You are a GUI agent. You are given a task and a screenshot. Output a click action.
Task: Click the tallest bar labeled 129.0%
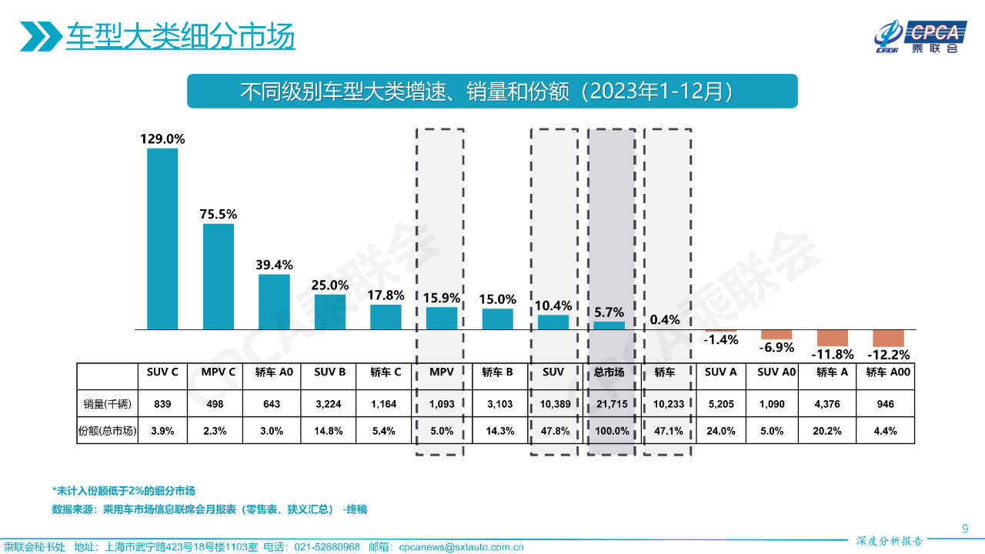(x=162, y=239)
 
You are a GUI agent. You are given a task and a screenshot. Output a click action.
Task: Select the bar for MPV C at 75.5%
(x=219, y=276)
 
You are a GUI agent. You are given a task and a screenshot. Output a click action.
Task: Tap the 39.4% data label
(x=274, y=264)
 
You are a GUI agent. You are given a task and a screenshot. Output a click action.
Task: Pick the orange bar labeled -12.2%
(x=888, y=338)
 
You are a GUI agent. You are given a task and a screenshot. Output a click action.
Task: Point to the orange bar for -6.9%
(x=776, y=334)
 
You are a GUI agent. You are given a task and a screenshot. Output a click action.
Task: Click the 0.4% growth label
(x=666, y=319)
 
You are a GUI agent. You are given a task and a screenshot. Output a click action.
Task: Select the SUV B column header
(x=329, y=372)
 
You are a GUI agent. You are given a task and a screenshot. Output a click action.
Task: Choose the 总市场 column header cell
(x=609, y=372)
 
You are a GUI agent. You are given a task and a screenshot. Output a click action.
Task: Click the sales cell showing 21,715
(x=609, y=403)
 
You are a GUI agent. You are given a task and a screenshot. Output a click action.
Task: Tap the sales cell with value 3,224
(x=329, y=403)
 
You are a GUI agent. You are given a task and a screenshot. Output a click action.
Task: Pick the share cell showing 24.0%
(x=721, y=431)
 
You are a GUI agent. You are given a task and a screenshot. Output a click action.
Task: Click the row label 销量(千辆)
(x=106, y=403)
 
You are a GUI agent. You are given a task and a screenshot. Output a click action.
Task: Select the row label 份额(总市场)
(x=107, y=431)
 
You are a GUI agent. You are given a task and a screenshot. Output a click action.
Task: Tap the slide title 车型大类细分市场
(x=180, y=36)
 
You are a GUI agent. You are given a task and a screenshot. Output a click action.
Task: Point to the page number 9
(x=965, y=528)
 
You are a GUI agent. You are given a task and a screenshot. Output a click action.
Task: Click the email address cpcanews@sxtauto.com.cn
(x=461, y=547)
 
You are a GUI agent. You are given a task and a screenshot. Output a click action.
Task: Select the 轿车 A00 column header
(x=888, y=372)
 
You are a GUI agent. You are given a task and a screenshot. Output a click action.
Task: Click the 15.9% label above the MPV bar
(x=442, y=297)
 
